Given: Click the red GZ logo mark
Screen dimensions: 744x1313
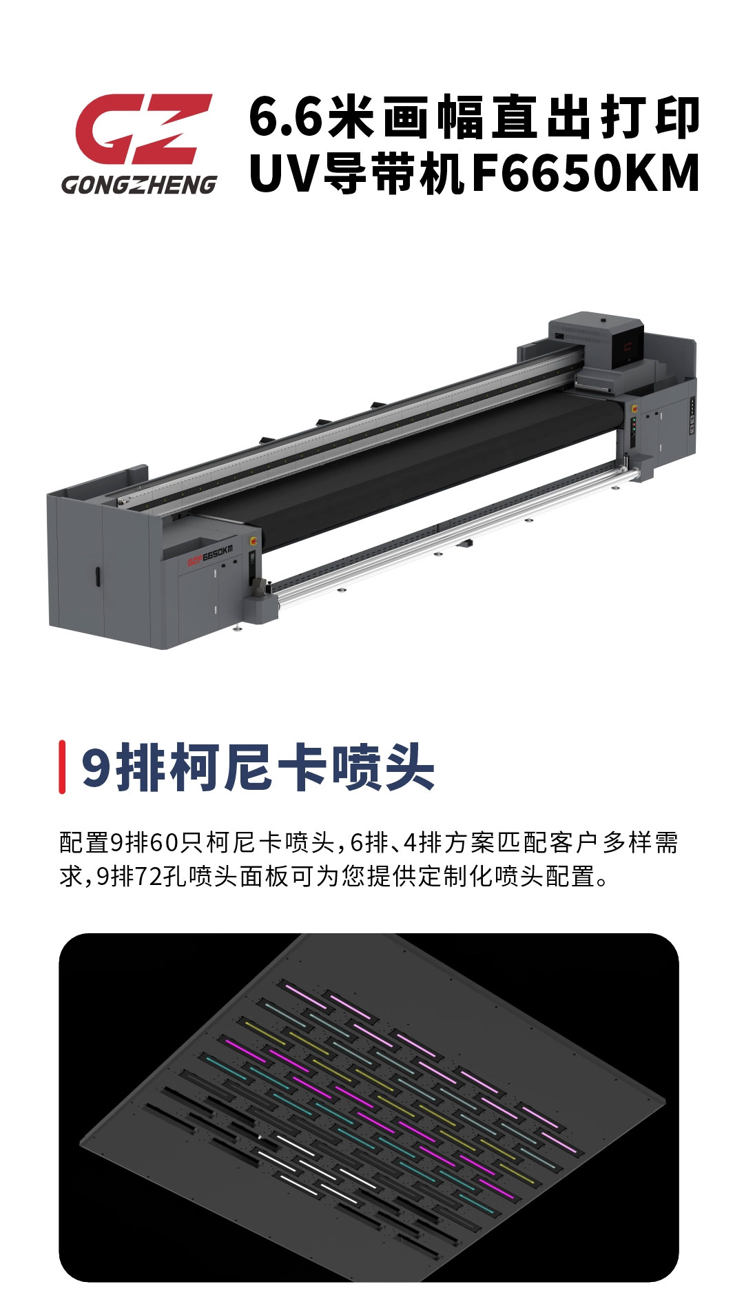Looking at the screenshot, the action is [143, 129].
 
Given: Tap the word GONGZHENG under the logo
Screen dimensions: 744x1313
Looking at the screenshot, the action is [139, 185].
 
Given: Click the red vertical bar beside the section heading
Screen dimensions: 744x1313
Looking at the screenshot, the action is [62, 766].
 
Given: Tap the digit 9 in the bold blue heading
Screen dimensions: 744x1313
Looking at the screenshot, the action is [96, 767].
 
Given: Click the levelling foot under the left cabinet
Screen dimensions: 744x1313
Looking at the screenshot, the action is [238, 627].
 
